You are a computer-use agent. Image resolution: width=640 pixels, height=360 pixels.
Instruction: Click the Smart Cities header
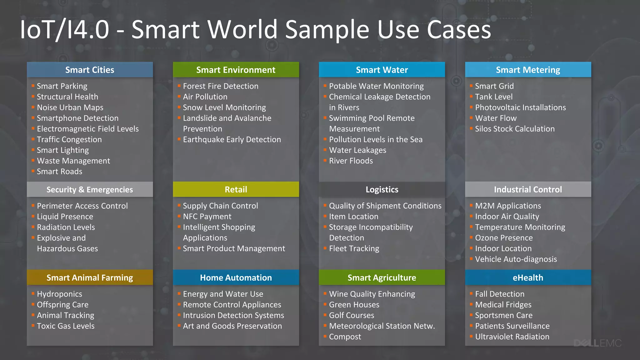[90, 70]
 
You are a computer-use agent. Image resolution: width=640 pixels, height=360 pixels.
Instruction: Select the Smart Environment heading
[236, 70]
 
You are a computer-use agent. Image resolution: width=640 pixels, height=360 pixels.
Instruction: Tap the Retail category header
[236, 189]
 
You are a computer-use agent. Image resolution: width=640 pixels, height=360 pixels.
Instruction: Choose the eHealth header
[528, 277]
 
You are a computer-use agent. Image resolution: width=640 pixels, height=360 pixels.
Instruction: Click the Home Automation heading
[236, 277]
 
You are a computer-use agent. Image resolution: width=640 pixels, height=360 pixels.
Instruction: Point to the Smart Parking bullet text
[62, 86]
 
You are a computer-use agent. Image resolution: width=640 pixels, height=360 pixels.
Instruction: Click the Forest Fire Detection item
[221, 86]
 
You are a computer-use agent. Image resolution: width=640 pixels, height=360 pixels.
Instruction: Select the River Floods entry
[351, 161]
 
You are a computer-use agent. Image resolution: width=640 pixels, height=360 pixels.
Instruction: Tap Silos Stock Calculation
[515, 129]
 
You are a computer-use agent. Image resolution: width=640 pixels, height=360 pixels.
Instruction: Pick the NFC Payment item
[207, 217]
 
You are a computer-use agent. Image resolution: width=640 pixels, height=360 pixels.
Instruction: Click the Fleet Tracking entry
[354, 248]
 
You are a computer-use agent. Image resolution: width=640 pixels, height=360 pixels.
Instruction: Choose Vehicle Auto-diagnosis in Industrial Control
[516, 259]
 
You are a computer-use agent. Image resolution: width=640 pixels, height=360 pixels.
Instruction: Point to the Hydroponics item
[59, 294]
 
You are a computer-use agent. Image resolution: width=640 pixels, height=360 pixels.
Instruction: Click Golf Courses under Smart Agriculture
[351, 315]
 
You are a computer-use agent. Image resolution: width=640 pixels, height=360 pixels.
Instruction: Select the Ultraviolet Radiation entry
[512, 337]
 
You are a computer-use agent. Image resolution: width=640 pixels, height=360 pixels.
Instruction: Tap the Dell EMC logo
[597, 343]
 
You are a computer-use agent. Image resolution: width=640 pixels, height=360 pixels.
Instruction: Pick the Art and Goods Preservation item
[232, 326]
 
